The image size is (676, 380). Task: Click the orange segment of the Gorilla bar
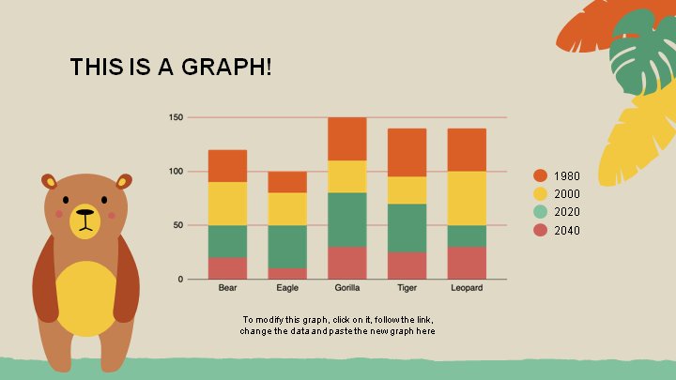pyautogui.click(x=347, y=139)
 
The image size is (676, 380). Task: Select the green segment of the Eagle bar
pyautogui.click(x=287, y=247)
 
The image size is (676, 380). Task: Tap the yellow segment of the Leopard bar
pyautogui.click(x=467, y=198)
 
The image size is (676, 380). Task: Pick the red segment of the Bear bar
pyautogui.click(x=227, y=268)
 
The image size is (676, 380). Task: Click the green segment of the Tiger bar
pyautogui.click(x=407, y=228)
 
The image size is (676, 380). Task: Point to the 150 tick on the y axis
pyautogui.click(x=176, y=117)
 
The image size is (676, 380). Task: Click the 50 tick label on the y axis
pyautogui.click(x=178, y=225)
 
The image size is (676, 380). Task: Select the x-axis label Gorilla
pyautogui.click(x=347, y=288)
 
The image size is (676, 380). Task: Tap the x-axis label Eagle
pyautogui.click(x=287, y=288)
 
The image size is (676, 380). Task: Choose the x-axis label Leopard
pyautogui.click(x=467, y=288)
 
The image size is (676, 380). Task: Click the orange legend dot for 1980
pyautogui.click(x=540, y=175)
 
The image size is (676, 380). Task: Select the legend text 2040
pyautogui.click(x=567, y=231)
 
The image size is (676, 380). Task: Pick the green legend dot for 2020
pyautogui.click(x=540, y=211)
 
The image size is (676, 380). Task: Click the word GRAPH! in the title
pyautogui.click(x=227, y=67)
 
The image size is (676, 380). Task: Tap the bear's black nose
pyautogui.click(x=84, y=212)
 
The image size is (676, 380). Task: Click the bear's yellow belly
pyautogui.click(x=85, y=298)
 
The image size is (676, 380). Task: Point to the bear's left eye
pyautogui.click(x=66, y=200)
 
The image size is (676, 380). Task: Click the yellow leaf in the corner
pyautogui.click(x=638, y=138)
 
